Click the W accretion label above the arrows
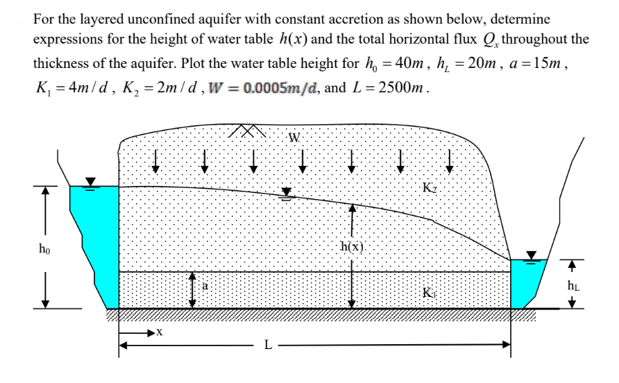(x=295, y=137)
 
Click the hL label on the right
(x=573, y=284)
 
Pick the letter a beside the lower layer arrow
(x=205, y=285)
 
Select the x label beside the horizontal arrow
(x=160, y=333)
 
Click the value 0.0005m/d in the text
(x=276, y=89)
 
